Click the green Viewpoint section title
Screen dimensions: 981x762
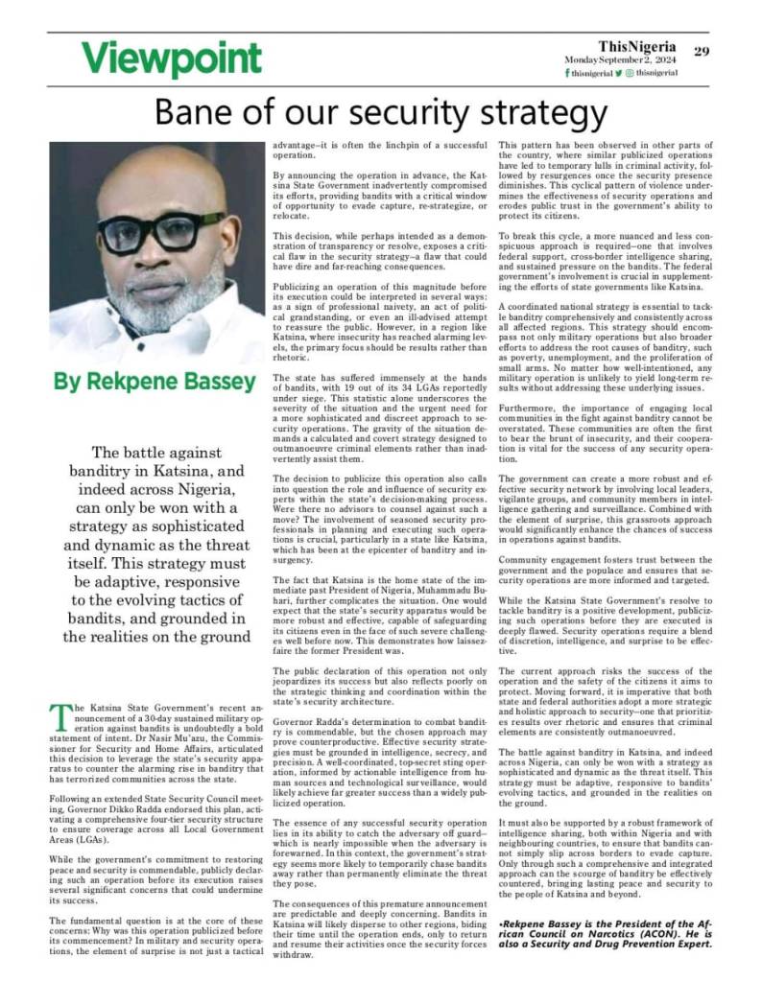coord(158,58)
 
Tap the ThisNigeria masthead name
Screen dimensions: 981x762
coord(636,46)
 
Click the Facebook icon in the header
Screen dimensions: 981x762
coord(566,72)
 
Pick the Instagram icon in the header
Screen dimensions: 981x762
coord(630,72)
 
